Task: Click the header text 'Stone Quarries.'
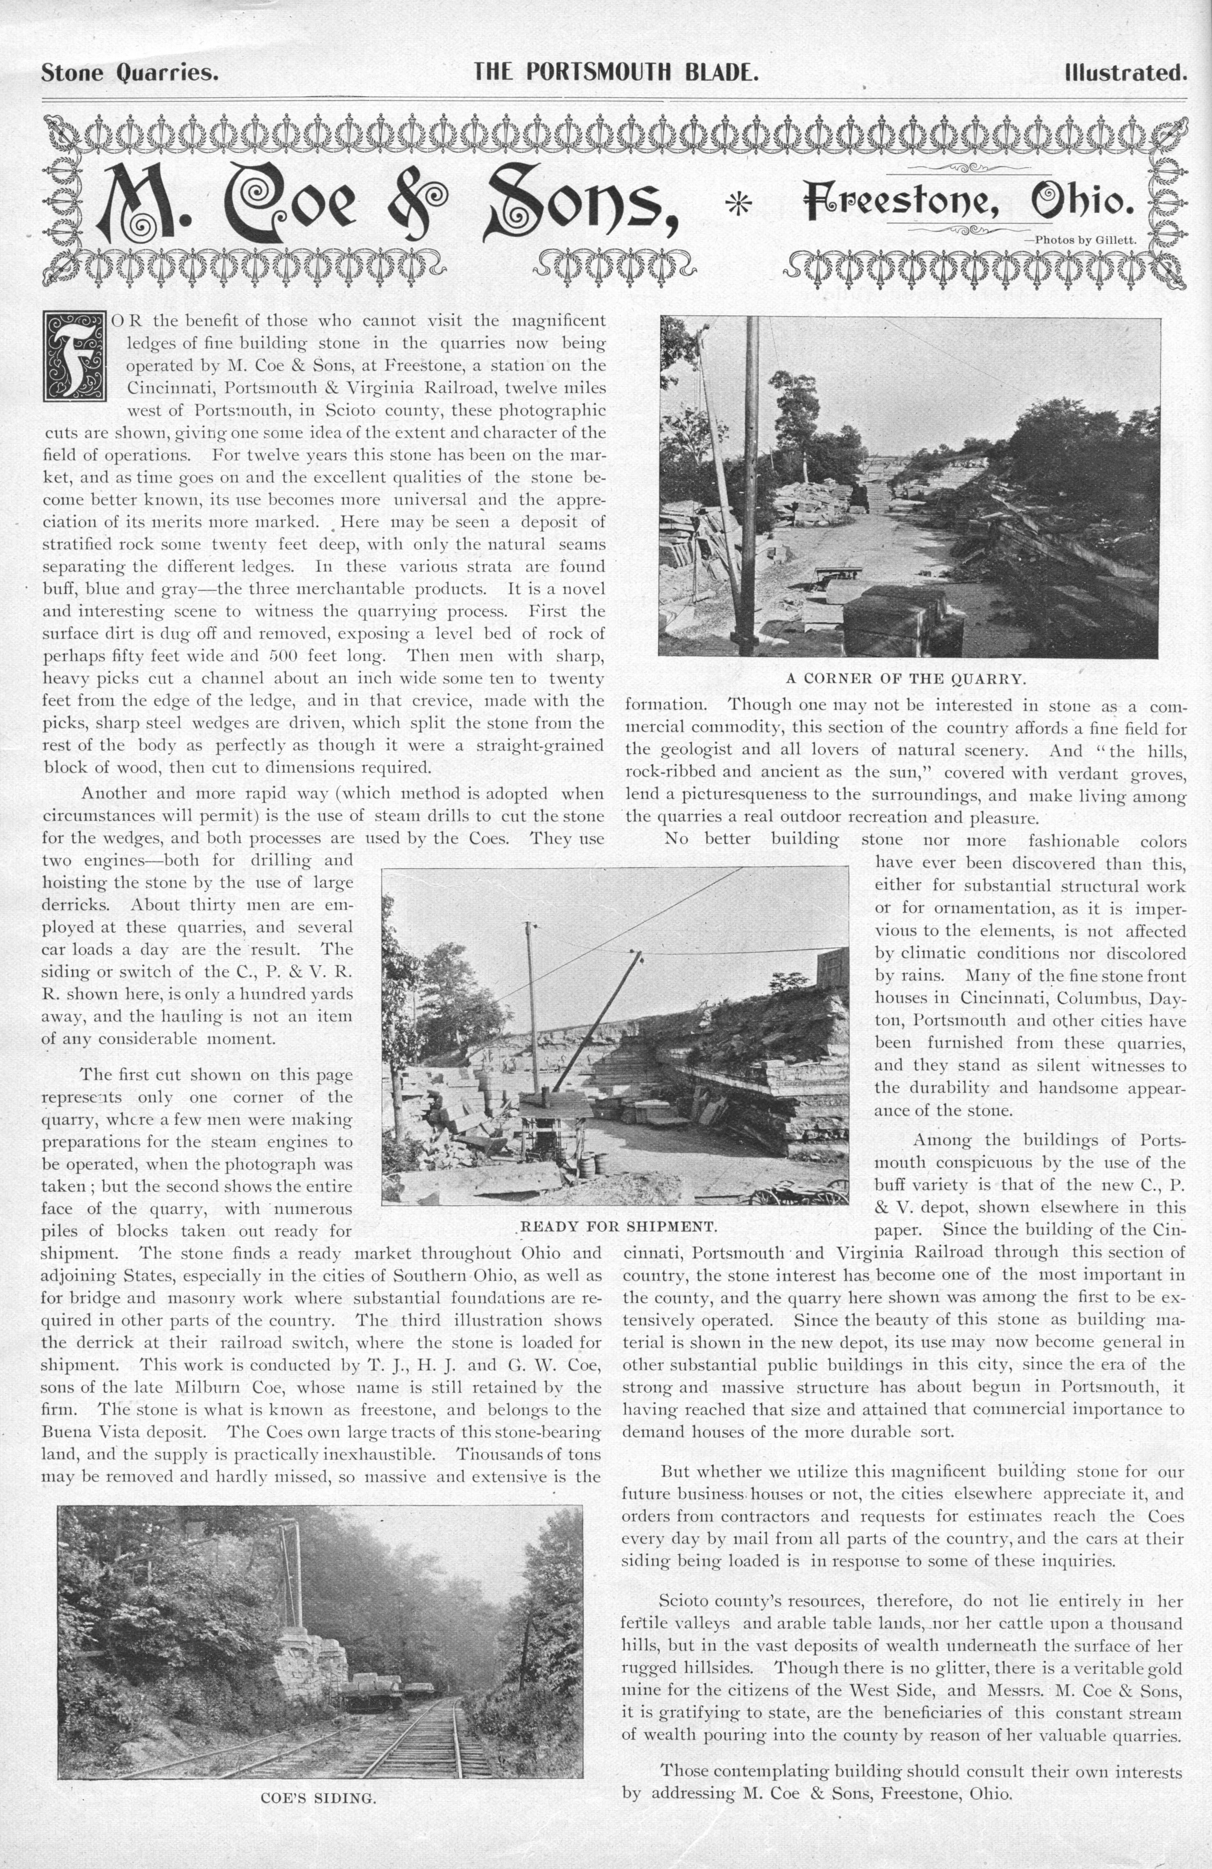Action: click(129, 74)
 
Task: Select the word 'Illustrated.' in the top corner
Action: click(1125, 74)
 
